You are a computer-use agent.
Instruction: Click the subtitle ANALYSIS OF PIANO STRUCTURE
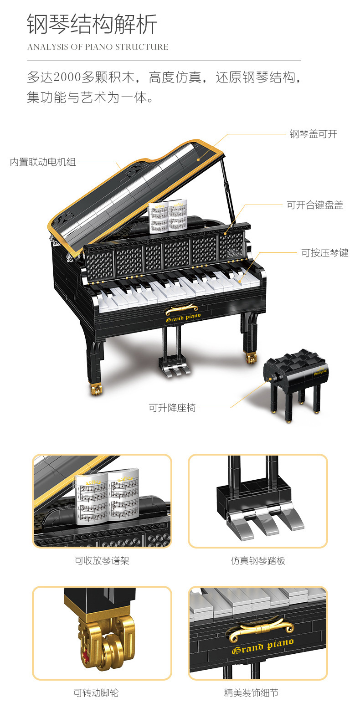[x=98, y=47]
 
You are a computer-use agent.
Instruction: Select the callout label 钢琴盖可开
[x=314, y=134]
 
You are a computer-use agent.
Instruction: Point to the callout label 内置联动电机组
[x=43, y=162]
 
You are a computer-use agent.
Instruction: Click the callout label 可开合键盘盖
[x=315, y=205]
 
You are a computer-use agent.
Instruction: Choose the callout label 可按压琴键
[x=324, y=253]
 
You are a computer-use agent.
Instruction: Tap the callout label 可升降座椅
[x=172, y=408]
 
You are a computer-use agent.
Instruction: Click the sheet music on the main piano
[x=168, y=216]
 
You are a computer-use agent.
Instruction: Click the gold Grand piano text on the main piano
[x=183, y=318]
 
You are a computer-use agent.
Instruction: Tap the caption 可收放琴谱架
[x=102, y=561]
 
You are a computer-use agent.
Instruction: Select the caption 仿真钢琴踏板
[x=258, y=561]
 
